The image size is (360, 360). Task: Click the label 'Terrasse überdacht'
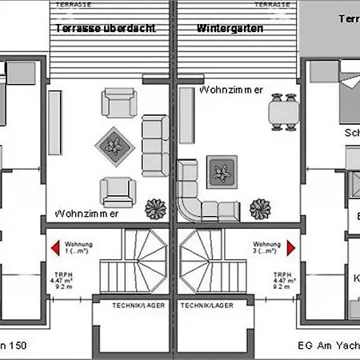click(x=105, y=27)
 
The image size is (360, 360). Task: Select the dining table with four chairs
click(x=279, y=110)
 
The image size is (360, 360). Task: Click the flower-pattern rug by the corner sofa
click(x=222, y=172)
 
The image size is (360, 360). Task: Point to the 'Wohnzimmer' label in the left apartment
click(x=87, y=214)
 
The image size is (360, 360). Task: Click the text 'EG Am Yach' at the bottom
click(x=329, y=346)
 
